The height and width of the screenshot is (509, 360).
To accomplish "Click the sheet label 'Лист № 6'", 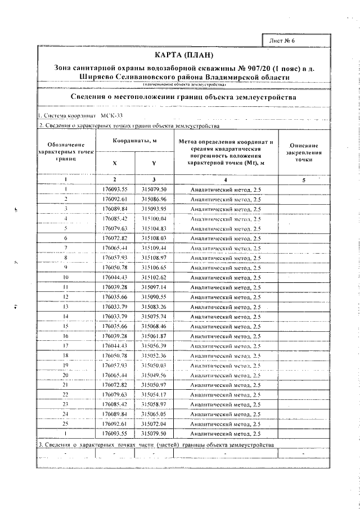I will [287, 42].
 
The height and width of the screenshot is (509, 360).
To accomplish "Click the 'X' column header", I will [116, 163].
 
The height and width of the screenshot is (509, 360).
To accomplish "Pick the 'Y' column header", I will [154, 163].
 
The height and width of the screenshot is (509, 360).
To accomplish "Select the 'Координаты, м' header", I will [134, 141].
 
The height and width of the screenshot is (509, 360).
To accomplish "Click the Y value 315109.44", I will [154, 247].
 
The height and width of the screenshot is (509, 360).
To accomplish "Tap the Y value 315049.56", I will [154, 375].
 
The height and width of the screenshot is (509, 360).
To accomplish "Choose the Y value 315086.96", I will [154, 199].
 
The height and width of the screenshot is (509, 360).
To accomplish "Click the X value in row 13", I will [116, 307].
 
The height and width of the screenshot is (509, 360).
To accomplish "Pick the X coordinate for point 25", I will [116, 424].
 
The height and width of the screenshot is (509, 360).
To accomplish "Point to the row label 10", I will [66, 277].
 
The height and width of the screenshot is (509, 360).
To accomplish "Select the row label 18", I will [66, 355].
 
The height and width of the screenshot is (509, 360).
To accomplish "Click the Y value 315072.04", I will [154, 424].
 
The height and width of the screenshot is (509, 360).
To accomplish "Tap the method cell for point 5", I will [226, 228].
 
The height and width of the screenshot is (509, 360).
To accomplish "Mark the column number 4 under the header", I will [226, 180].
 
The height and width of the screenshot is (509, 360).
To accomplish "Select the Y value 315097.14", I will [154, 287].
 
